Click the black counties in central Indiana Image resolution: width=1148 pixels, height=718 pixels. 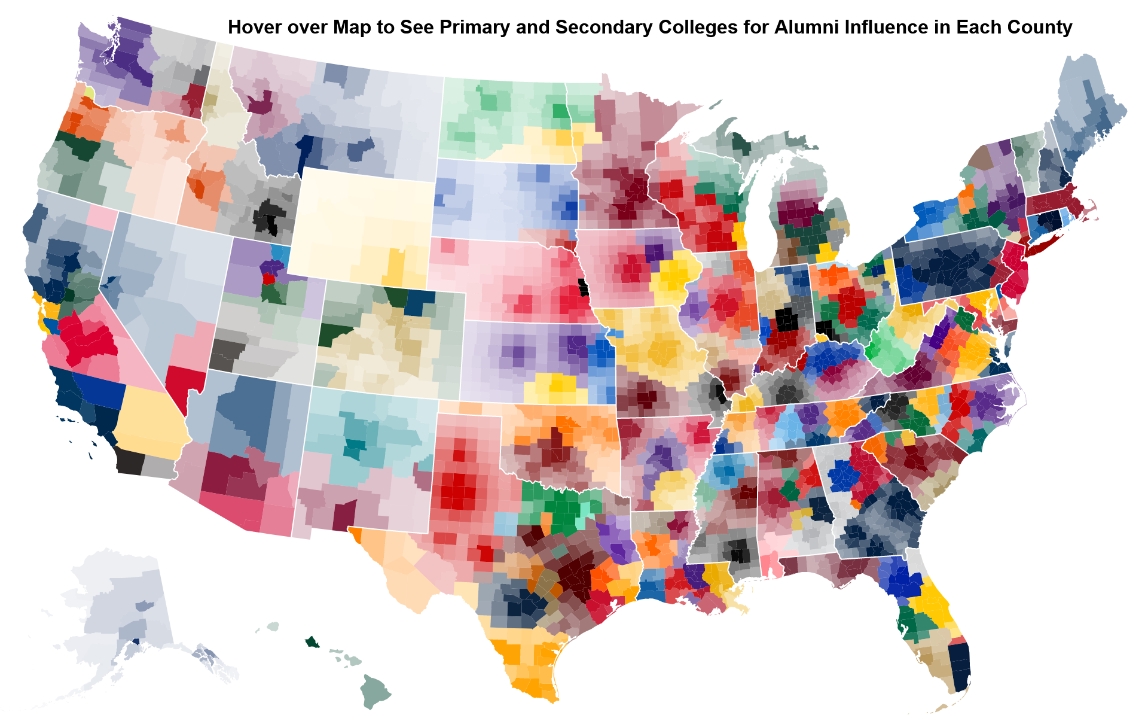click(x=786, y=320)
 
